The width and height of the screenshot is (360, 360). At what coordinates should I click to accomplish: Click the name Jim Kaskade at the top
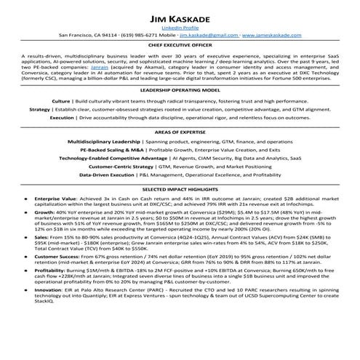tap(180, 17)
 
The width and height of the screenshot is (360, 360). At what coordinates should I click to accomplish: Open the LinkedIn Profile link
tap(180, 27)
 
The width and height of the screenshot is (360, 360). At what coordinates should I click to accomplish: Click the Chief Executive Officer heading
tap(180, 46)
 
